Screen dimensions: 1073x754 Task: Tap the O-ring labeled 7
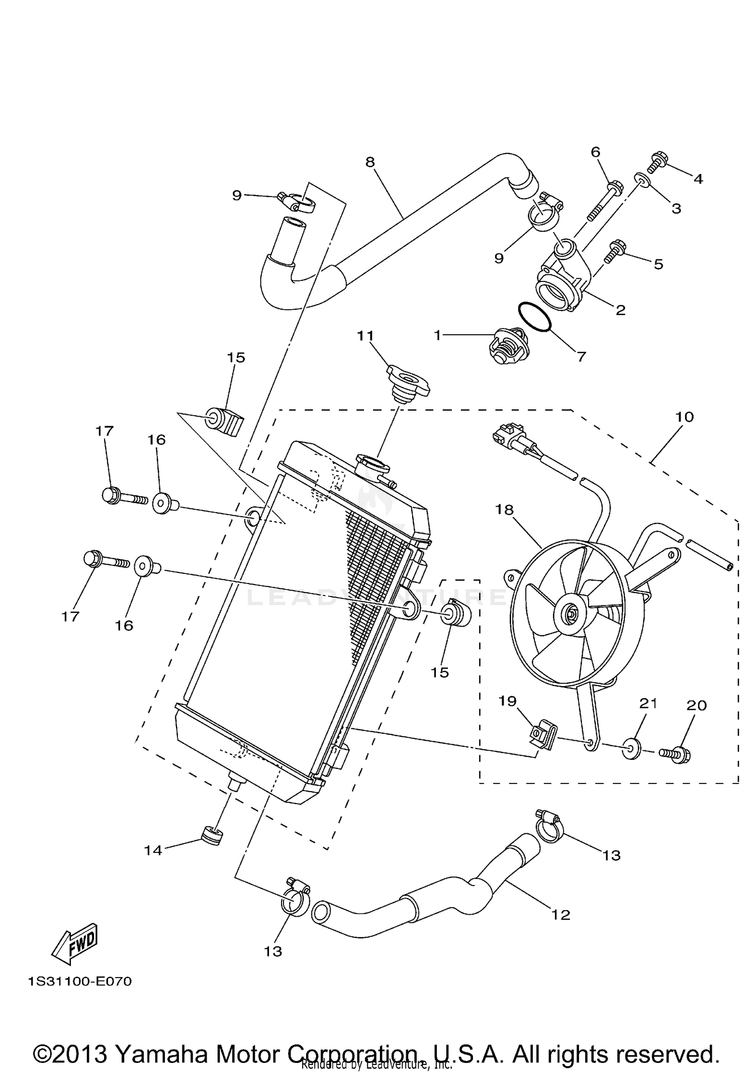point(534,317)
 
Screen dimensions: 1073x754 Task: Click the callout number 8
point(370,162)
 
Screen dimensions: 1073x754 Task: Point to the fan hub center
point(572,614)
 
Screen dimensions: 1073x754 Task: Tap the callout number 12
point(560,915)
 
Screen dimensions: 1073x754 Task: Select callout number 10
point(685,417)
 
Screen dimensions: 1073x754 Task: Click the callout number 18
point(504,510)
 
